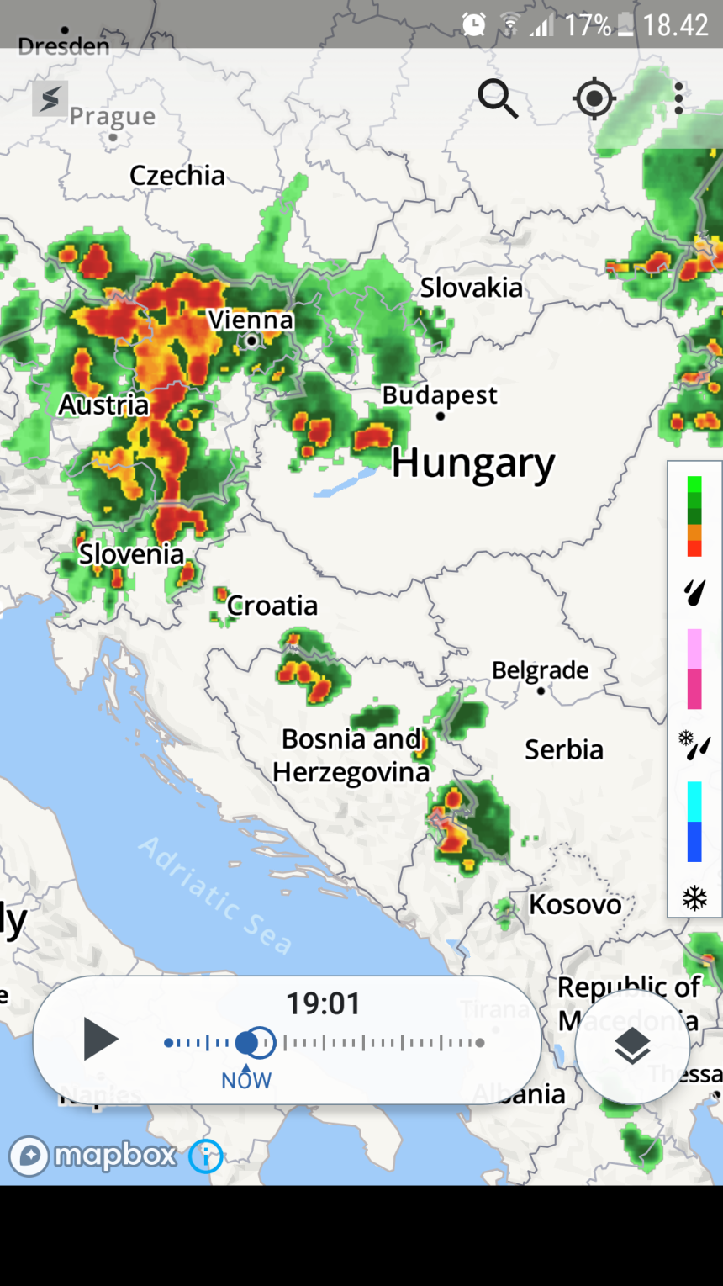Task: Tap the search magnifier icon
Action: (x=498, y=99)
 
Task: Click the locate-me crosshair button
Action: (x=594, y=99)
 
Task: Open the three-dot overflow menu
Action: (x=678, y=98)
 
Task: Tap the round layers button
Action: (x=632, y=1046)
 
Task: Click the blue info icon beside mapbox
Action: (x=205, y=1156)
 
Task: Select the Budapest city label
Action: (x=440, y=395)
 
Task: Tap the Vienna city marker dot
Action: (x=251, y=341)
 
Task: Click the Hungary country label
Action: (x=473, y=463)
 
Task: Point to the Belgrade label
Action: (x=540, y=670)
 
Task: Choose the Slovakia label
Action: (x=471, y=288)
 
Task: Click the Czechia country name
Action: (x=177, y=175)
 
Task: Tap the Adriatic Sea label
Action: (x=215, y=895)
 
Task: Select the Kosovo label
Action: (x=575, y=905)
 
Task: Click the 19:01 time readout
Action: (x=323, y=1003)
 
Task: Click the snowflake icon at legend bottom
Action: (x=694, y=898)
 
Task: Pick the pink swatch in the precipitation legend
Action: (x=694, y=688)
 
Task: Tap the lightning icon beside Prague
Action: (x=50, y=99)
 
